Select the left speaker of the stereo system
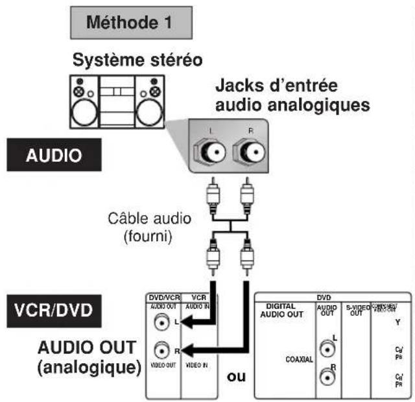(82, 104)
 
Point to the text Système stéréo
(137, 60)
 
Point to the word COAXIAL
(299, 358)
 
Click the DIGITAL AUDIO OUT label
(285, 310)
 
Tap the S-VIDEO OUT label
(354, 309)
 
